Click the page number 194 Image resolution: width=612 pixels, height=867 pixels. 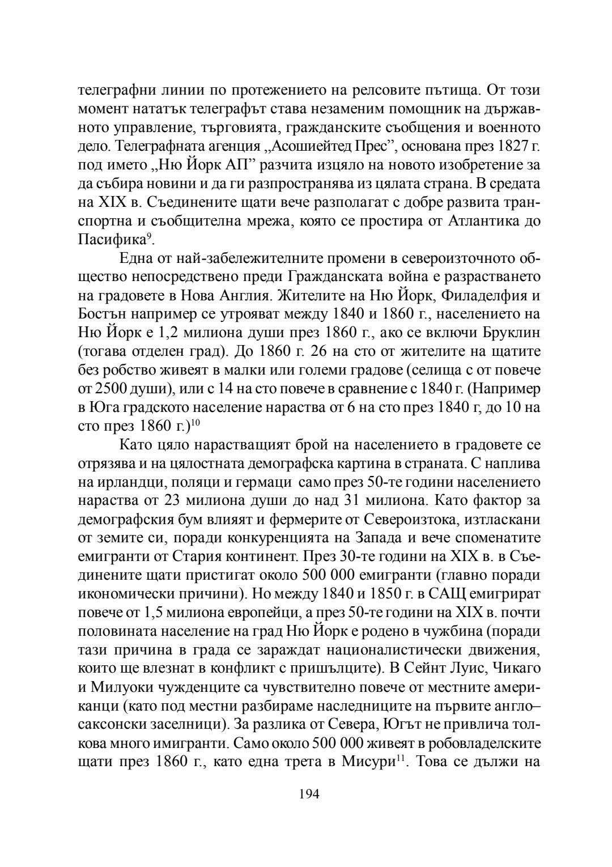pos(309,793)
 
